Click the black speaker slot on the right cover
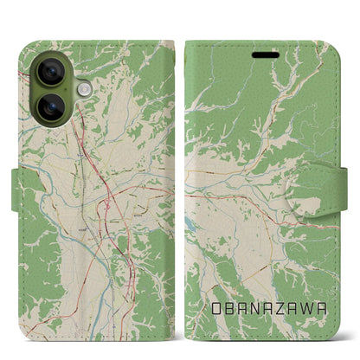click(x=266, y=54)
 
